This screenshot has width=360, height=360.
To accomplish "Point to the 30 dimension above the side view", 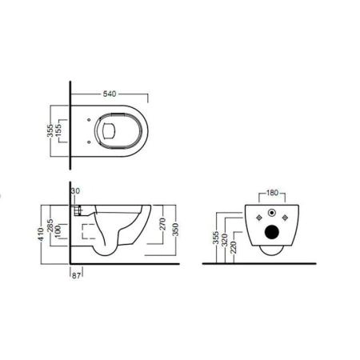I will click(x=75, y=192).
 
